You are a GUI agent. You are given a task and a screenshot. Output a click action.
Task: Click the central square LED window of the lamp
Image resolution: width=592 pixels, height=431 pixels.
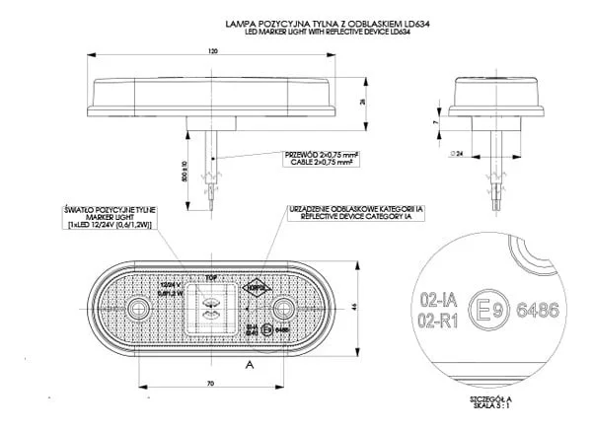[x=210, y=307]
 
